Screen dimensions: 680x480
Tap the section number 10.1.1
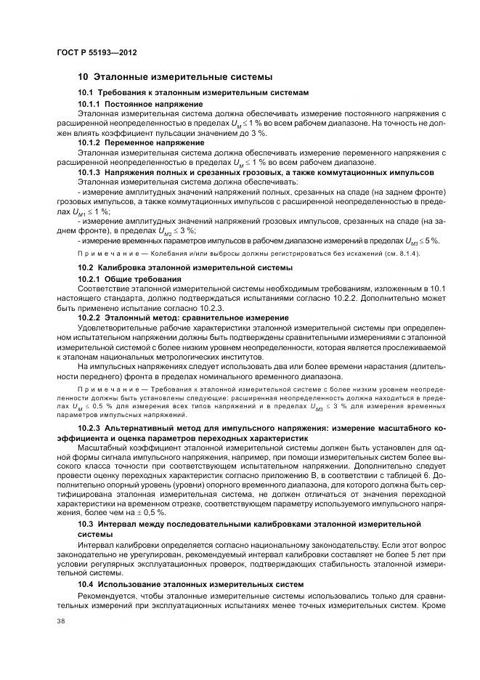90,104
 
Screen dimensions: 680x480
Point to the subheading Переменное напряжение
155,142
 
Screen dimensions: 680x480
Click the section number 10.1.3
90,172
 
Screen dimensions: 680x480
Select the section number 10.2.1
90,279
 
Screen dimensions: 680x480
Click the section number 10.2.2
90,317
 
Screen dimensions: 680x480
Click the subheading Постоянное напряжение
154,104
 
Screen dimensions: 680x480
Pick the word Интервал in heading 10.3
120,523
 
